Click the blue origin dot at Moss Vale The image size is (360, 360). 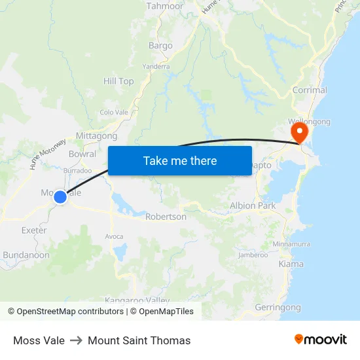[x=60, y=196]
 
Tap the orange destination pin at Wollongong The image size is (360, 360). [x=299, y=134]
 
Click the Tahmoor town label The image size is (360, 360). [x=165, y=6]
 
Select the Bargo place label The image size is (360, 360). [x=160, y=46]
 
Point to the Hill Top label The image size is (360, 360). [x=118, y=81]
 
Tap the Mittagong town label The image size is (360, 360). [x=96, y=136]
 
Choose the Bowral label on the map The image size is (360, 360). [x=82, y=154]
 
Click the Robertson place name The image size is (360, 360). [x=166, y=217]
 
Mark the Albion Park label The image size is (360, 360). [x=253, y=206]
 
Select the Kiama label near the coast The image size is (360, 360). [x=291, y=264]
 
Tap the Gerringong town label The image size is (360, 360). [x=278, y=308]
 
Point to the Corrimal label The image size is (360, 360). [x=310, y=91]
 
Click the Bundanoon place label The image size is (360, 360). [x=26, y=255]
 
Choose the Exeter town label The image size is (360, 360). [x=34, y=230]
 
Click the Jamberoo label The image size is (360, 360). [x=253, y=255]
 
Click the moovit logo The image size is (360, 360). [x=320, y=340]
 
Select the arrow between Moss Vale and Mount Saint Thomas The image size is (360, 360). [x=76, y=340]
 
